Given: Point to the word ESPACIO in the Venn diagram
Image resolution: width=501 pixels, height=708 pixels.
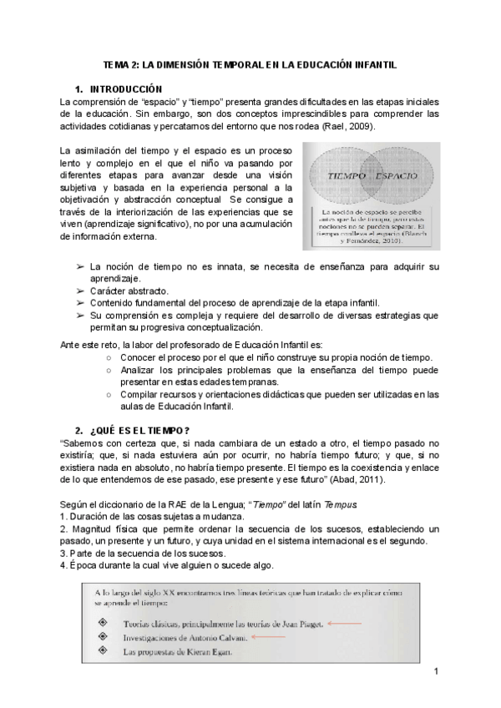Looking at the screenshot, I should click(397, 177).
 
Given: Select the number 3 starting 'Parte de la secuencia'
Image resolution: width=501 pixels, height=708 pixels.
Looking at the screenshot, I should click(63, 553).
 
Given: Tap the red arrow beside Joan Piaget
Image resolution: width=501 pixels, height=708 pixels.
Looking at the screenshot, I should click(344, 622).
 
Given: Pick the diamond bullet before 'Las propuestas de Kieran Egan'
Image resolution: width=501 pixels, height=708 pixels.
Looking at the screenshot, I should click(102, 651).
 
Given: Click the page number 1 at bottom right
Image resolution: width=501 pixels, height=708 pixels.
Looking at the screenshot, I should click(436, 670).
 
